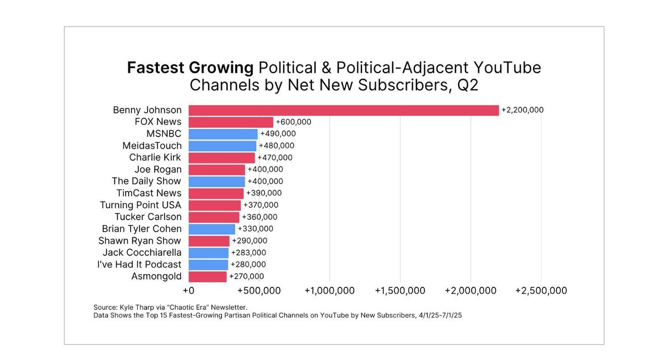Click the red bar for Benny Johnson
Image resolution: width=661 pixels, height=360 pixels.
pos(343,110)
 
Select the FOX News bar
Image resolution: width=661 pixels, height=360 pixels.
pos(231,122)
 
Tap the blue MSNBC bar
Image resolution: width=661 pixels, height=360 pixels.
pos(223,134)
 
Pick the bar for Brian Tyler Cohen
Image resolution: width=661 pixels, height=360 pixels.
pos(212,229)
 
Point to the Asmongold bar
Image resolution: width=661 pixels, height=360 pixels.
pos(207,276)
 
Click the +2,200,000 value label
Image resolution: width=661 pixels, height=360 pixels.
pos(522,110)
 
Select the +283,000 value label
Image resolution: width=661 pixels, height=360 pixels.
pos(248,253)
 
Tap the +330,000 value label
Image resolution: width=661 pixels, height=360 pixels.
pos(256,229)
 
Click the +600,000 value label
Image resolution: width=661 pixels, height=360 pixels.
pos(294,122)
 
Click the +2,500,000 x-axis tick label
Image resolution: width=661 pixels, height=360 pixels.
pos(541,291)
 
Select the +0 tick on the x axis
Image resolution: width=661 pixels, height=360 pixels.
pos(188,291)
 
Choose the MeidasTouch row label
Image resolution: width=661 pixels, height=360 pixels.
pos(151,146)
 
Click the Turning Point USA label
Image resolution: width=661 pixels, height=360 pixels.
pos(140,205)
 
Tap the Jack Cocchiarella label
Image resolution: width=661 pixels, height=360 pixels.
pos(142,253)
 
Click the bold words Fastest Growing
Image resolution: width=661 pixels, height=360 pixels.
pos(190,68)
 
